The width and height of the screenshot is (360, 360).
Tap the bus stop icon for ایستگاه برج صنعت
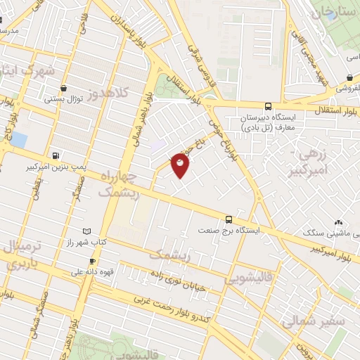point(229,219)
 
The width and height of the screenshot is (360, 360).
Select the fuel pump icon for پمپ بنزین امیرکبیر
point(56,155)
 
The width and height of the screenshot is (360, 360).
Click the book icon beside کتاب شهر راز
point(86,231)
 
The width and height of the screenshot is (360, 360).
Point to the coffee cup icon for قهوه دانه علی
point(92,262)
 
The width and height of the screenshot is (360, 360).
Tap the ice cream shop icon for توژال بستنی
point(65,89)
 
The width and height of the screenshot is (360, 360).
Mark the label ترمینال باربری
point(21,256)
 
